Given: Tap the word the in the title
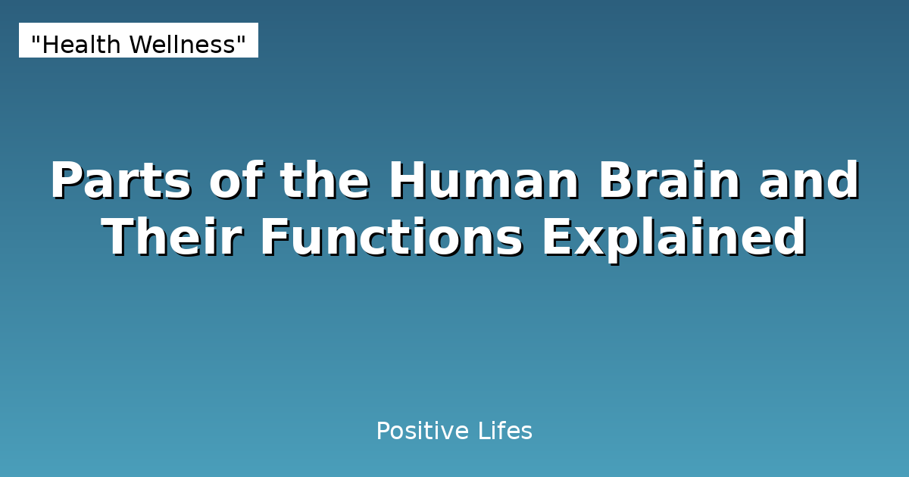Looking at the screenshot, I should tap(324, 182).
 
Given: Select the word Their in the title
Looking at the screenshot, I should tap(173, 238).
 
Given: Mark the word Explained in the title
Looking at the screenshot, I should tap(673, 238).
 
